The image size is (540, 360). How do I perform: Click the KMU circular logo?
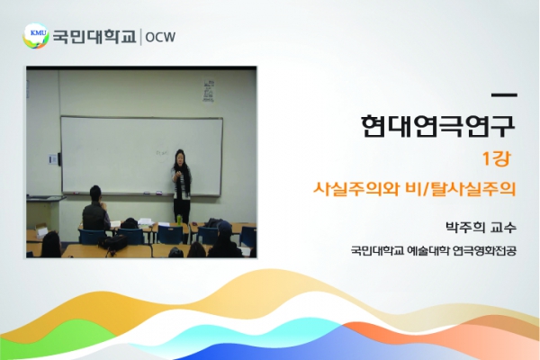point(35,36)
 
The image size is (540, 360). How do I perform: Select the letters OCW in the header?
point(160,37)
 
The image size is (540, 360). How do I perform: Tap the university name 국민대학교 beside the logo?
point(94,37)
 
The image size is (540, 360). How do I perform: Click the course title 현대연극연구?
point(438,126)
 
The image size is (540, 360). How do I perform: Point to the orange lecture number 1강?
point(497,158)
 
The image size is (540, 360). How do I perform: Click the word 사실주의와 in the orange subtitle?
point(356,188)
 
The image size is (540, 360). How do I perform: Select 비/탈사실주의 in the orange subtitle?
point(462,188)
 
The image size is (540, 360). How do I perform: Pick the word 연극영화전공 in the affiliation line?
point(484,250)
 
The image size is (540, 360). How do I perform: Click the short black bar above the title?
point(504,94)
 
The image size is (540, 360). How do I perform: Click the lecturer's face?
point(179,158)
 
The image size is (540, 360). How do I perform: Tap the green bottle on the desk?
point(179,219)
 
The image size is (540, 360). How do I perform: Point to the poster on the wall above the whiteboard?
point(209,91)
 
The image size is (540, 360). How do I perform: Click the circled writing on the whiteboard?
point(162,152)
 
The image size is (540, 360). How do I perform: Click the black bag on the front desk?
point(113,242)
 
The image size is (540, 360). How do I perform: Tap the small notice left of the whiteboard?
point(52,159)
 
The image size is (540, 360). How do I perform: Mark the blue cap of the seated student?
point(224,226)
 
